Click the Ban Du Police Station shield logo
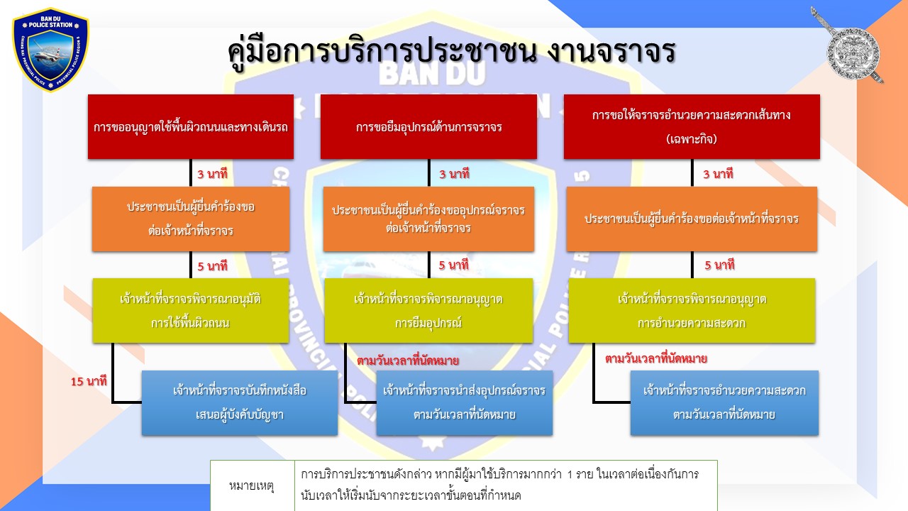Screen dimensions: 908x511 pos(50,50)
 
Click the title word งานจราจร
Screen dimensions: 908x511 pos(611,52)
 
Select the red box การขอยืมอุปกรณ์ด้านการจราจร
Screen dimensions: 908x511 pos(428,126)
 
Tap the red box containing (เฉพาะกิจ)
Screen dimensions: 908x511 pos(692,126)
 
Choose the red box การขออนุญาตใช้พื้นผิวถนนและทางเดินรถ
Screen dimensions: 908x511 pos(191,126)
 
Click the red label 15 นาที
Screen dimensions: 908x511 pos(89,381)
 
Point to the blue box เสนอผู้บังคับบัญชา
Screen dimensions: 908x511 pos(240,402)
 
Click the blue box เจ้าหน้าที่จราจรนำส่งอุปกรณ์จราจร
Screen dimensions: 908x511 pos(464,402)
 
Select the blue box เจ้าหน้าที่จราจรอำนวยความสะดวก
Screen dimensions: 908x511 pos(724,402)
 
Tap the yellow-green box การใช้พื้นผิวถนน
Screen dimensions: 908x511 pos(191,311)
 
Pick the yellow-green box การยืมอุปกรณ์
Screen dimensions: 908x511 pos(428,311)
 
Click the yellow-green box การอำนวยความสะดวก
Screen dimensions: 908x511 pos(692,311)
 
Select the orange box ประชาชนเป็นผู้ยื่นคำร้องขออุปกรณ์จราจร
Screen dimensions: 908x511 pos(428,219)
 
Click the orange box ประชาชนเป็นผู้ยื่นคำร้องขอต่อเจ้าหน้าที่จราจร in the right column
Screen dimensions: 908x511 pos(692,219)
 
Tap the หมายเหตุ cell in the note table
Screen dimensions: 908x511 pos(252,485)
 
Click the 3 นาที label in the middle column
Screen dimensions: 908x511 pos(454,174)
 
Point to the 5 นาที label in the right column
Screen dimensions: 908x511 pos(719,265)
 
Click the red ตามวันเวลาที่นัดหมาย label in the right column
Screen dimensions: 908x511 pos(656,358)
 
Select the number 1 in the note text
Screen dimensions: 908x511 pos(570,474)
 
